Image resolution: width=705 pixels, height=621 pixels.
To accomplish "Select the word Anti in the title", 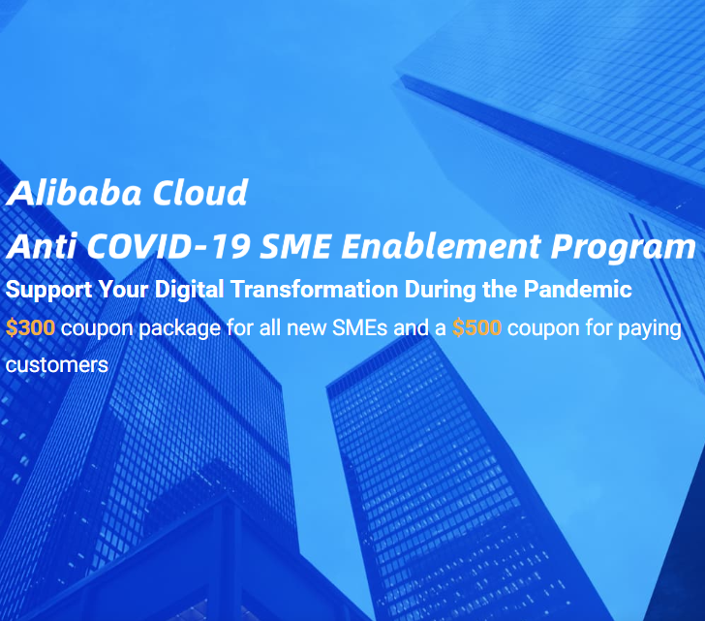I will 36,246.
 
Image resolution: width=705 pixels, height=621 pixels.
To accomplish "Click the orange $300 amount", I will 30,327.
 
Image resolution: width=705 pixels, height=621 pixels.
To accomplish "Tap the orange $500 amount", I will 476,327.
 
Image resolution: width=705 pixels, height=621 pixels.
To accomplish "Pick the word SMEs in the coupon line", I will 358,327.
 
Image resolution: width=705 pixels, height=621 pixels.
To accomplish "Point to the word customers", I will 56,365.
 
